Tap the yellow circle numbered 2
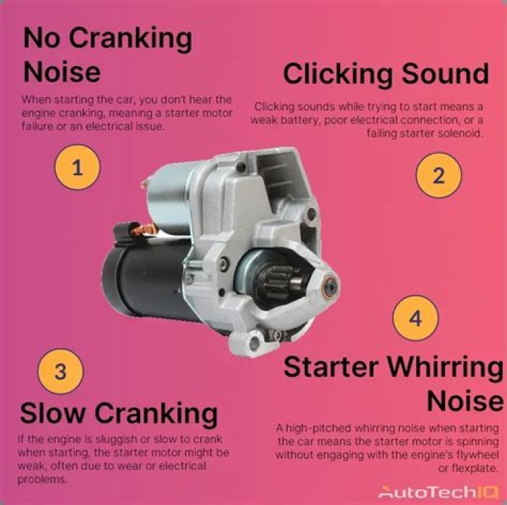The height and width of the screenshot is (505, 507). pos(438,175)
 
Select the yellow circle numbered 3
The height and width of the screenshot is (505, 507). pos(60,371)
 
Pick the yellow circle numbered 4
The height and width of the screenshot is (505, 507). pos(415,319)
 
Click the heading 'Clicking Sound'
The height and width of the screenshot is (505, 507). pos(385,74)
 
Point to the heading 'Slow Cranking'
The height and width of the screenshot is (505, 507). pos(118,413)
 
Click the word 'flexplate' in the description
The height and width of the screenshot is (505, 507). pos(475,468)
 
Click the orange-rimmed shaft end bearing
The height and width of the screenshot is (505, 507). pos(327,286)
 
